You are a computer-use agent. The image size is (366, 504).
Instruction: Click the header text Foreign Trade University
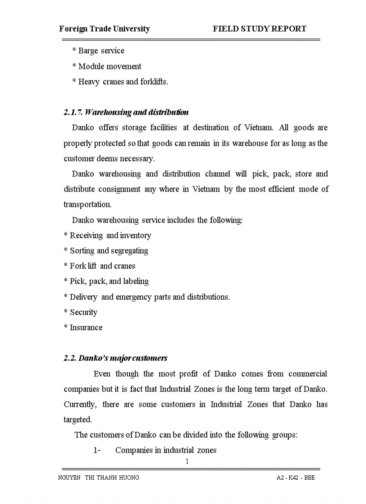[x=105, y=29]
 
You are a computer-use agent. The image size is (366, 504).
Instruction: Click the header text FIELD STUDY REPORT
[x=259, y=29]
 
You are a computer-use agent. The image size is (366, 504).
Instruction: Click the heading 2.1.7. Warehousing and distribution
[x=126, y=112]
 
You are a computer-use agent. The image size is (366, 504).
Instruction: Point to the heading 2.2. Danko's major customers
[x=115, y=358]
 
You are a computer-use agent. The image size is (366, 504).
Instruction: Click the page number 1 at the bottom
[x=187, y=462]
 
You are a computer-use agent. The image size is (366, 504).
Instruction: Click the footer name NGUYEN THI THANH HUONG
[x=99, y=478]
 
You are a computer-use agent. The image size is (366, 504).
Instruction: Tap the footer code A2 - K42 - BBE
[x=296, y=478]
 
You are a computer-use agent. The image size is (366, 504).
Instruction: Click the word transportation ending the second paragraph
[x=87, y=205]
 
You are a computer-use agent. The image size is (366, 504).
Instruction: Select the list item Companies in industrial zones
[x=166, y=451]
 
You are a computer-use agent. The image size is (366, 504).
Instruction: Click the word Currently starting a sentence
[x=80, y=405]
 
